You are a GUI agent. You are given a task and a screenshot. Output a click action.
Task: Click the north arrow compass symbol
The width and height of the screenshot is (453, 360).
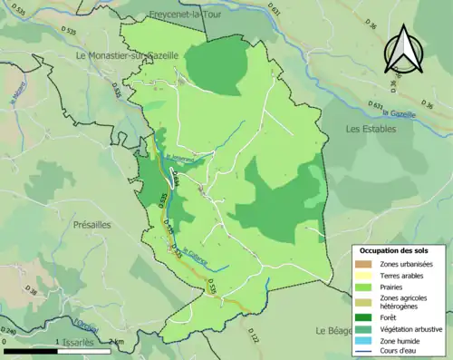pos(405,51)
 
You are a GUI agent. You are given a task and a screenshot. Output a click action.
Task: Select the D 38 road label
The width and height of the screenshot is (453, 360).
pos(32,291)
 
